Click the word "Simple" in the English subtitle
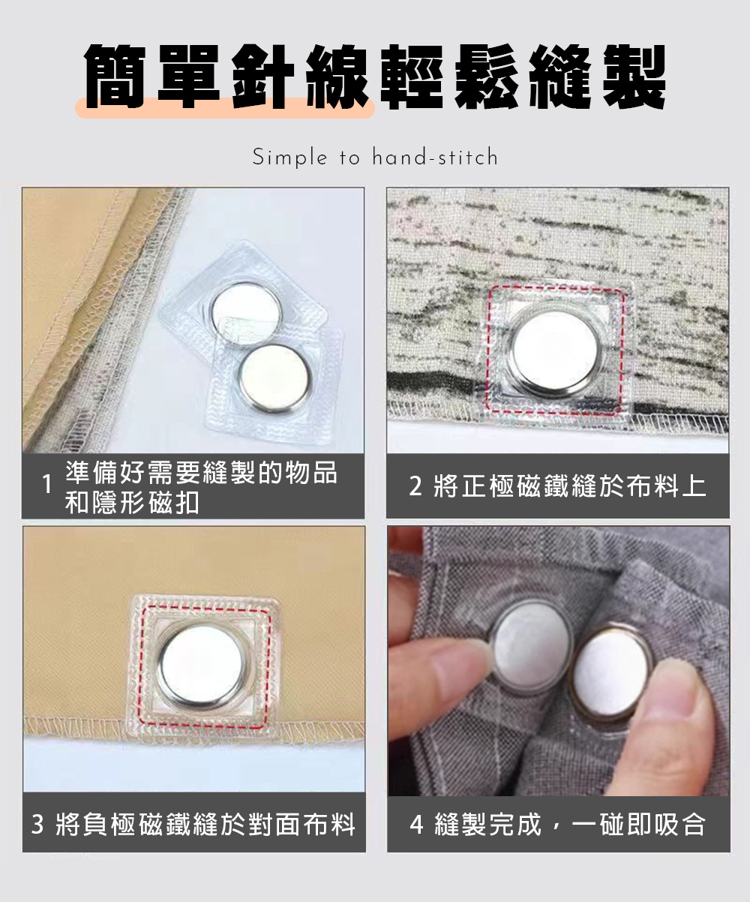289,157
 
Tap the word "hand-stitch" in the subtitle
435,156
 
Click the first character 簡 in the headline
115,77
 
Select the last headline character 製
634,77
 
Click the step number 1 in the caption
47,484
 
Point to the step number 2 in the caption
415,486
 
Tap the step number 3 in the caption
37,824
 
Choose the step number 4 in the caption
416,824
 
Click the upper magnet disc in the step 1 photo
246,307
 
